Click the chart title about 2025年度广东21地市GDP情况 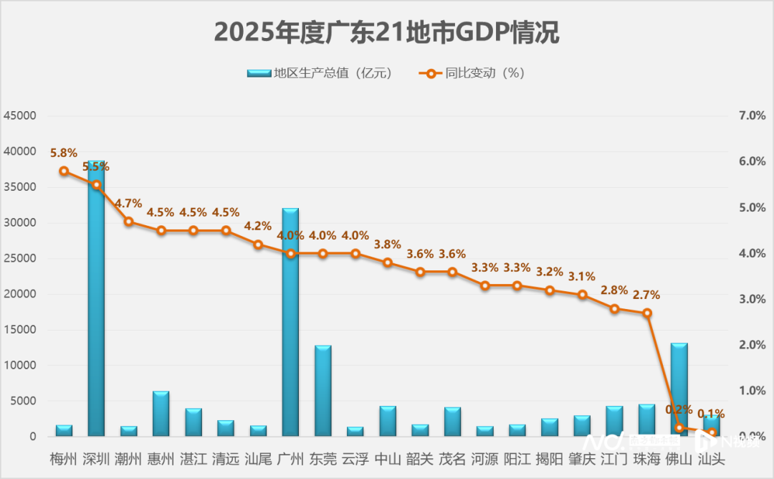386,32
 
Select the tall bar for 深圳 96,301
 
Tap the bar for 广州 290,323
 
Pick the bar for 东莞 322,391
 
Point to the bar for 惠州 161,414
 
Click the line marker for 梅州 64,171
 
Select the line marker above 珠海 646,313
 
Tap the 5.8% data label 64,153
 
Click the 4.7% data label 129,203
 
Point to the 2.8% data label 614,290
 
